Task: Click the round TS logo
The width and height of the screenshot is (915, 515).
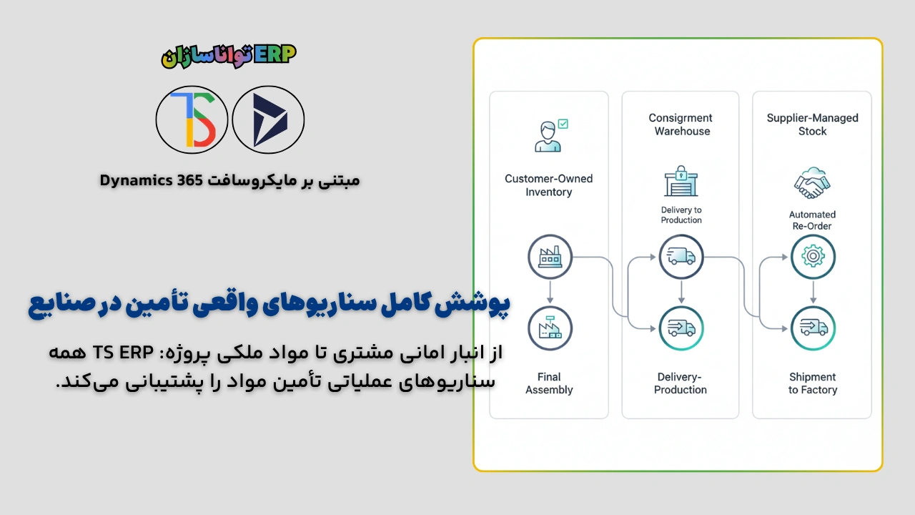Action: click(192, 119)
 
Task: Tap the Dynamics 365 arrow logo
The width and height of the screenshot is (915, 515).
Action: click(269, 119)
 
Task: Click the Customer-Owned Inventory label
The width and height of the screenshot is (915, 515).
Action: click(548, 185)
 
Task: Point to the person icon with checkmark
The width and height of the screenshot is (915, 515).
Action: click(550, 135)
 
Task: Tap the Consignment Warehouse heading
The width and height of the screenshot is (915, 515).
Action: click(681, 124)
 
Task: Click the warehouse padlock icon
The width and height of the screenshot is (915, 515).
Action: click(681, 182)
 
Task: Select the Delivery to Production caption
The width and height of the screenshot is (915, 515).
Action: click(681, 215)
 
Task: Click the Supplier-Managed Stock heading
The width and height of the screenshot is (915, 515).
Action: click(812, 124)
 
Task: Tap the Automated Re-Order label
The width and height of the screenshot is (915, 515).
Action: click(812, 220)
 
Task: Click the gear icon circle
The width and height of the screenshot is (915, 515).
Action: click(813, 256)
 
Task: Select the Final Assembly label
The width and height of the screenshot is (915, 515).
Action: click(549, 383)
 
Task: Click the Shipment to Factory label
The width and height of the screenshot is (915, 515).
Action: click(813, 383)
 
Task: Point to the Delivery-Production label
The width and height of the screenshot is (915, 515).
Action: click(681, 383)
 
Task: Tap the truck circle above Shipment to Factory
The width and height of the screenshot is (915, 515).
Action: click(813, 328)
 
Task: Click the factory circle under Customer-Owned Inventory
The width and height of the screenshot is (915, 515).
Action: click(550, 256)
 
